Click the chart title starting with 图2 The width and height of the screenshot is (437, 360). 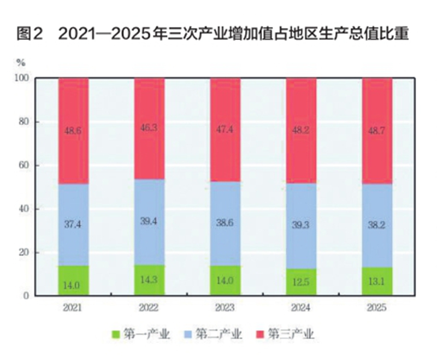coord(213,34)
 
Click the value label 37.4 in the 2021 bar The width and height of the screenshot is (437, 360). coord(73,225)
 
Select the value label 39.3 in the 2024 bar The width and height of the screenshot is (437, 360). coord(301,225)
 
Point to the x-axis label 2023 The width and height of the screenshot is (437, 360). coord(225,308)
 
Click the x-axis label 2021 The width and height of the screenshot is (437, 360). coord(73,308)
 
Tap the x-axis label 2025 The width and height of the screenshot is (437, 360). coord(377,308)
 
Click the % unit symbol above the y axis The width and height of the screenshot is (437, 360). coord(20,63)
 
